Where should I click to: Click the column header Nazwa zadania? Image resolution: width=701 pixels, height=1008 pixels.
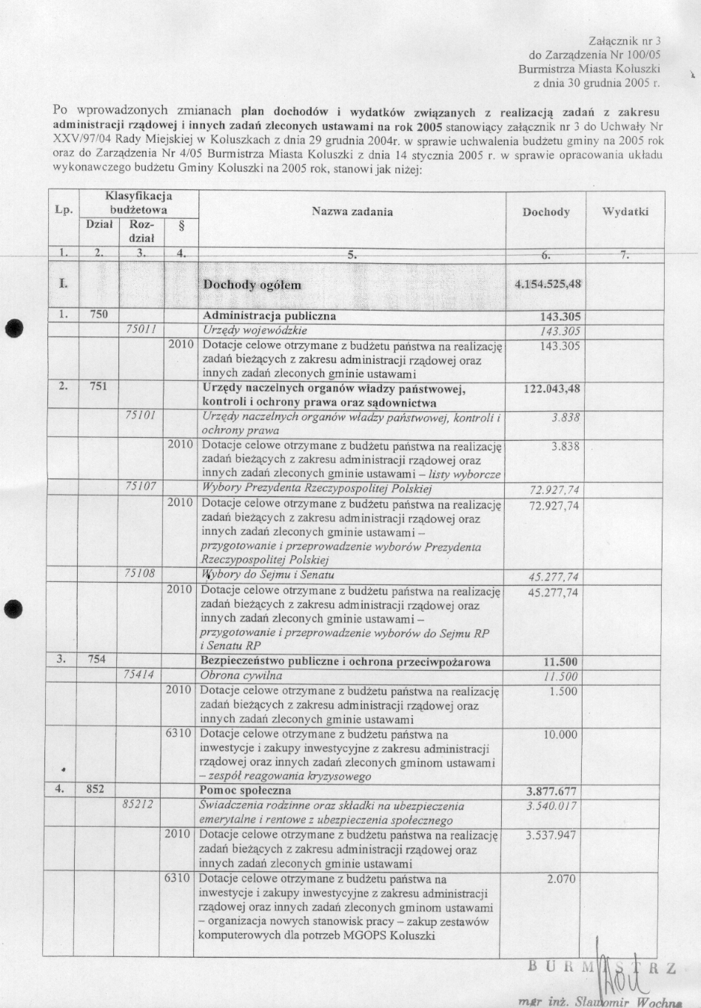click(352, 212)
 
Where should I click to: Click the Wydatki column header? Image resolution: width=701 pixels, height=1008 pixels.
click(625, 212)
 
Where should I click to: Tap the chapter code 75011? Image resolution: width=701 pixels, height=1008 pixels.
click(141, 330)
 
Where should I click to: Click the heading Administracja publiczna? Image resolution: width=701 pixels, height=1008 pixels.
click(269, 316)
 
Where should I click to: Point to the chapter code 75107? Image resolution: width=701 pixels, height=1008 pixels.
click(141, 487)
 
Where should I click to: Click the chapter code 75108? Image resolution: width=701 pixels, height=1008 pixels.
click(141, 573)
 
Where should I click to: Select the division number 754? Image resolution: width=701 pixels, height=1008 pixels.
click(97, 659)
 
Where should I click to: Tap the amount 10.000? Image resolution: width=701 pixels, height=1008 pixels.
click(561, 734)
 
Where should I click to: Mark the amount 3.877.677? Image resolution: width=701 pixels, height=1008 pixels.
click(551, 791)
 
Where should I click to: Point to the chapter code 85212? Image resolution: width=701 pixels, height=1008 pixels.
click(138, 805)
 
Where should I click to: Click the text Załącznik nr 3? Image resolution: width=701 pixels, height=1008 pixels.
click(624, 40)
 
